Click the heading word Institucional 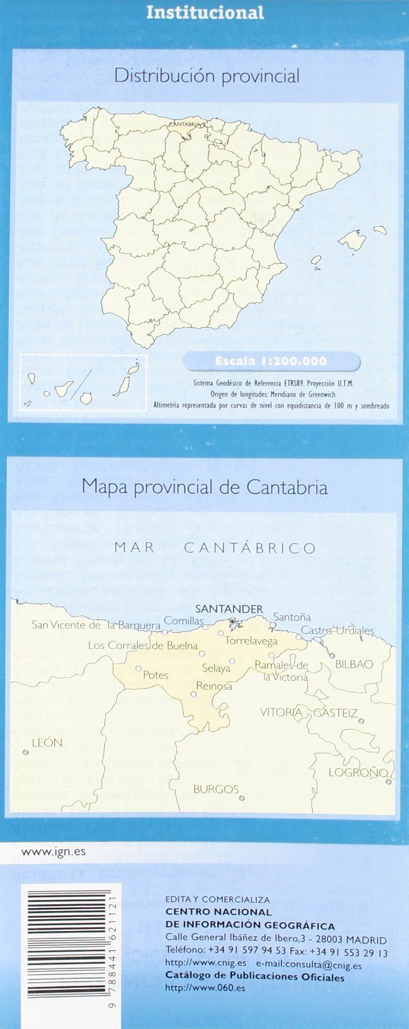204,12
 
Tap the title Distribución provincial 207,76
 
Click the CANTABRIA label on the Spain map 184,124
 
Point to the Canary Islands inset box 83,380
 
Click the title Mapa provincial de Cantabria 204,487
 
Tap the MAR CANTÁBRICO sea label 215,549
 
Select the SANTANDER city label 229,609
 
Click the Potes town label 156,675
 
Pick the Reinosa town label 214,685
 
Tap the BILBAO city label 354,664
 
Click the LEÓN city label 47,742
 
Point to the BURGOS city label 216,789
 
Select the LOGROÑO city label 358,773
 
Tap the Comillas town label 184,621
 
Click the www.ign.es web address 44,851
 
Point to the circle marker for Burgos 242,798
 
